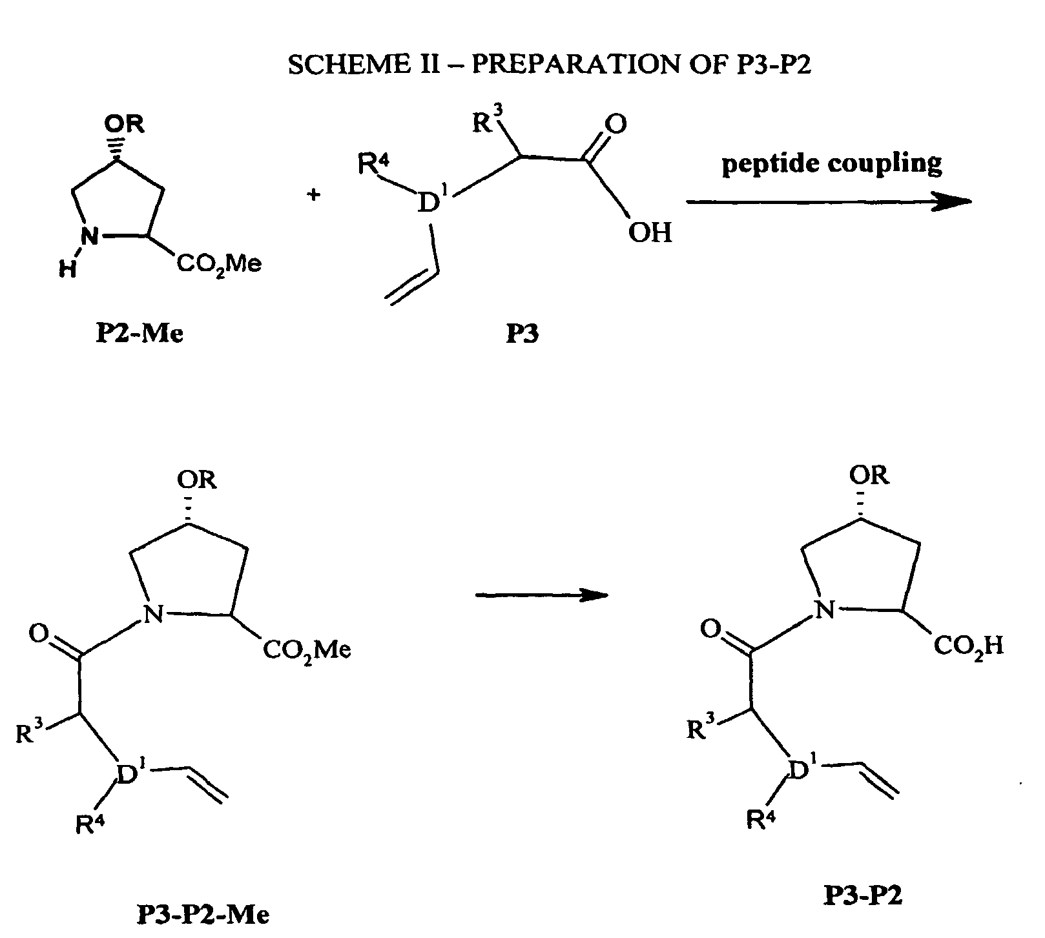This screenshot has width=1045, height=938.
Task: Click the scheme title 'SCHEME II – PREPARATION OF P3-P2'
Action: (549, 65)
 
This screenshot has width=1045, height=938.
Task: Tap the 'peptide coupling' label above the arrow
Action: (832, 164)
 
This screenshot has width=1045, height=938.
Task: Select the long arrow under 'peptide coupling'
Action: (829, 202)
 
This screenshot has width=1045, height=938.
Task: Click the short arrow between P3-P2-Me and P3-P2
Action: (542, 595)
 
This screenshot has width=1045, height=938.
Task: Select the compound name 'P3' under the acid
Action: (522, 335)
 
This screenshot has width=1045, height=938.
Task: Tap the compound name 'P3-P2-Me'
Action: (203, 914)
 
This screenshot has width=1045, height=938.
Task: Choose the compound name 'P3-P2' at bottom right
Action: (862, 895)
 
